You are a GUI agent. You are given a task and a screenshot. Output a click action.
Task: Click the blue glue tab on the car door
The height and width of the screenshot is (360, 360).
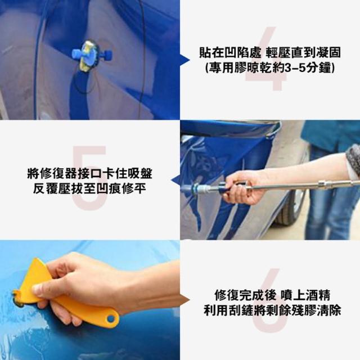92,55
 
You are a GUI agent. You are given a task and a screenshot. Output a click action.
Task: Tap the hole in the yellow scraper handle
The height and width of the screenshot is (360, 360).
111,318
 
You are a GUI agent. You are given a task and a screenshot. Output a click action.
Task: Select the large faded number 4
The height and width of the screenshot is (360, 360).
266,58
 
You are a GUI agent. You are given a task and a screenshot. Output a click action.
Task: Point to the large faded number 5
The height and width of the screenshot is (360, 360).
89,178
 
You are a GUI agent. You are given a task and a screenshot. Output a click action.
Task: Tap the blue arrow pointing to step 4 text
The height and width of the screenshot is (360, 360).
185,60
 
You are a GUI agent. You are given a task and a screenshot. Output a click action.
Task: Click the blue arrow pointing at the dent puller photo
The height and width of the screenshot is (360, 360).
175,180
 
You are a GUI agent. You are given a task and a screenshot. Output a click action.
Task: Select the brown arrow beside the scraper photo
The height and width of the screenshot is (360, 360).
184,300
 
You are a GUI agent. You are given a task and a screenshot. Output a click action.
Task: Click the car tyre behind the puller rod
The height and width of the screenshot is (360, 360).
290,206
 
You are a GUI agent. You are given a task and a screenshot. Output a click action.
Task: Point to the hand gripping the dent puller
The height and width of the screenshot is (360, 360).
244,187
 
